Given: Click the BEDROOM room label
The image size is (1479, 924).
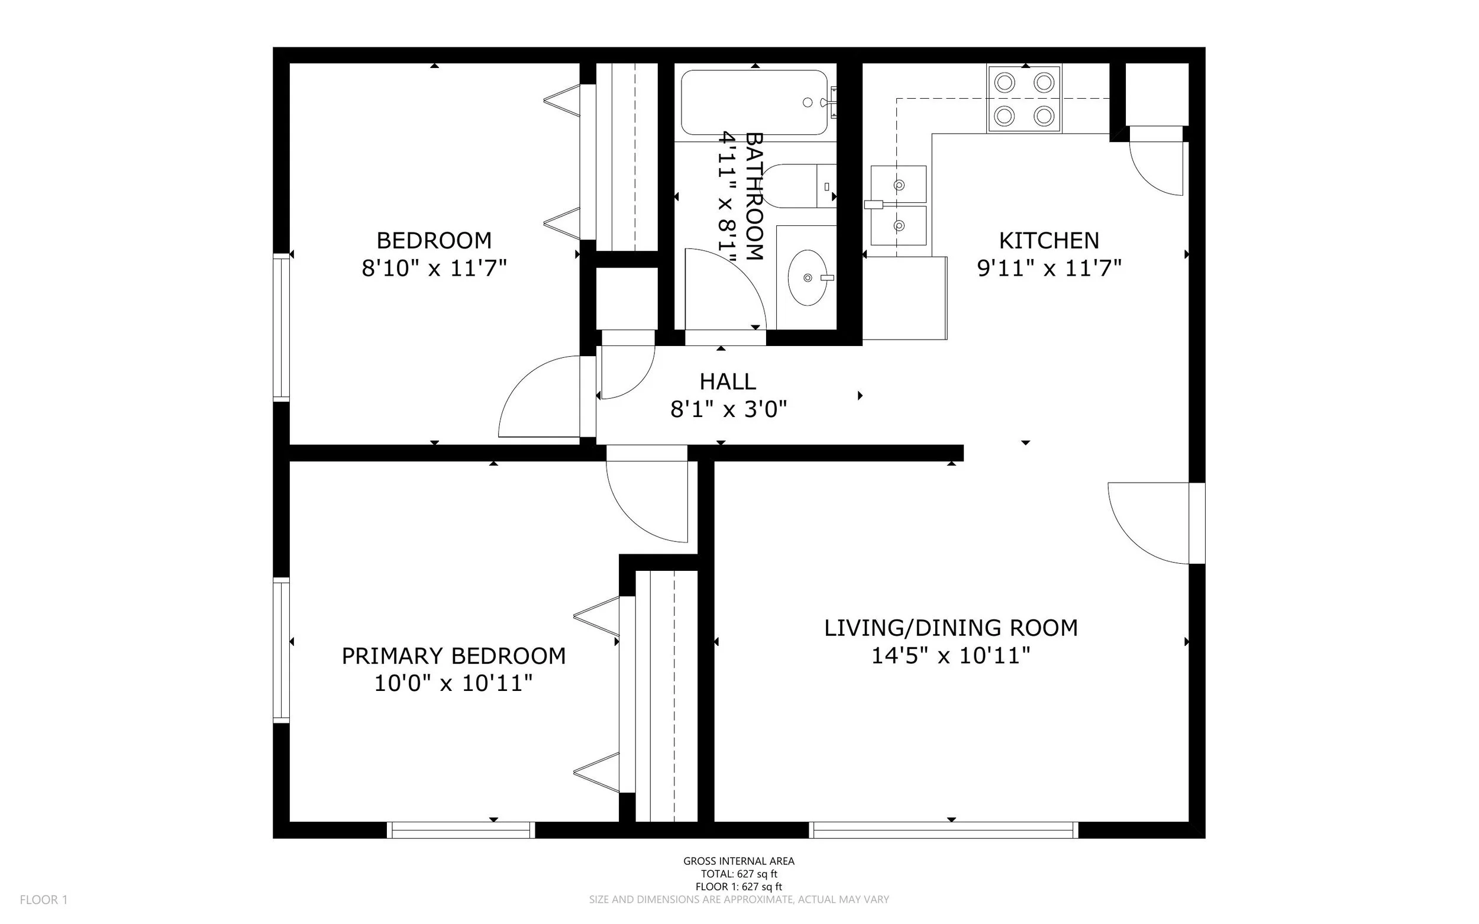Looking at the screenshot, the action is point(434,240).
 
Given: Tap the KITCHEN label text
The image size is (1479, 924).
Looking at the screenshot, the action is point(1049,240).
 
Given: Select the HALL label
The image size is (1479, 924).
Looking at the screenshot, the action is point(728,382).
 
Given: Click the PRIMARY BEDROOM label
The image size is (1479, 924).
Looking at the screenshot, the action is point(454,655).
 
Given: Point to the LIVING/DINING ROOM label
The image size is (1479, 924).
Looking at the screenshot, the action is point(951,628).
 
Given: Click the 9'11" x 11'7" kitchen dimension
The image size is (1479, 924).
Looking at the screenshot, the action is point(1049,267).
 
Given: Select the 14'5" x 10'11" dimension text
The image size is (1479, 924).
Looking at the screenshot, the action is point(951,655).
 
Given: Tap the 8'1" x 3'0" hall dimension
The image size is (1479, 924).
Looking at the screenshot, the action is point(728,409).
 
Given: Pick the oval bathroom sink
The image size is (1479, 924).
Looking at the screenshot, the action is point(808,277).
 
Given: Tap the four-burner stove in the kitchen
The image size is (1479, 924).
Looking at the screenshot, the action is point(1023,98).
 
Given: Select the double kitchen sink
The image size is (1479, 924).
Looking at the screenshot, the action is point(899,205).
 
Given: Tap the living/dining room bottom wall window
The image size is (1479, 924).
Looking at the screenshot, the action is point(944,830).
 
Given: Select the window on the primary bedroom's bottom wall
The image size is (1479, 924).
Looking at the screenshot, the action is point(461,830).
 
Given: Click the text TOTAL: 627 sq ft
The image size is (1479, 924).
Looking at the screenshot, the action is point(739,874).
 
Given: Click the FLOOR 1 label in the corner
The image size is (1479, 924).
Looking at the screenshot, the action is point(44,900).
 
